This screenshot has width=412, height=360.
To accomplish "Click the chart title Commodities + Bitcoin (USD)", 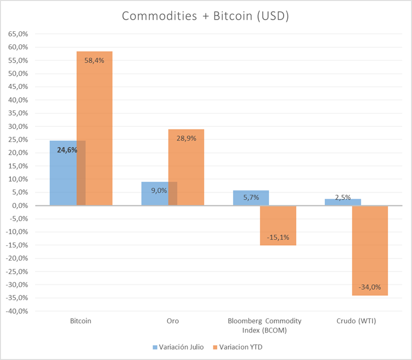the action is (206, 16).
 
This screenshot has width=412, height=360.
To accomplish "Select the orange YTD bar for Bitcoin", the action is (94, 128).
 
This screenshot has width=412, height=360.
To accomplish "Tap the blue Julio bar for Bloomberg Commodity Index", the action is (251, 198).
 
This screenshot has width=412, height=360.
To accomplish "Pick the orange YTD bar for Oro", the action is (186, 167).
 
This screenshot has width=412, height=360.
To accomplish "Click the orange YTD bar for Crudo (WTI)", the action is (370, 251).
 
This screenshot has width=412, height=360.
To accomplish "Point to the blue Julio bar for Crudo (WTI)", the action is (343, 202).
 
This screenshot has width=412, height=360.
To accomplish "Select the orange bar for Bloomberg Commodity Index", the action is (278, 226).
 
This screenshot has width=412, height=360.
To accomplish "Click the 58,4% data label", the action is (94, 60).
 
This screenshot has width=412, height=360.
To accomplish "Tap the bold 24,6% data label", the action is (67, 150).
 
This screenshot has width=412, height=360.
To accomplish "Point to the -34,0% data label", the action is (370, 287).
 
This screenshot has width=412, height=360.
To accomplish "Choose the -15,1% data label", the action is (278, 238).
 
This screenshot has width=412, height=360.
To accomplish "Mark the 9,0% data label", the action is (159, 190).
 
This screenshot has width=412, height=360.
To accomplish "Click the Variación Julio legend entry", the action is (178, 347).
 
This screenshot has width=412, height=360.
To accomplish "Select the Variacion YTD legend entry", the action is (238, 347).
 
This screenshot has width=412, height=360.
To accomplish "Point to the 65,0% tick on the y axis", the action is (18, 34).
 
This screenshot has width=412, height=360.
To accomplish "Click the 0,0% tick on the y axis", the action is (20, 205).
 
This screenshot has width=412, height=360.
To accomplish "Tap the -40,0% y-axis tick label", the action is (17, 311).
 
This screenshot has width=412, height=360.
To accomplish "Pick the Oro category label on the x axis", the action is (173, 321).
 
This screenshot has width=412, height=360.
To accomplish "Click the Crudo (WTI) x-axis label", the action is (356, 321).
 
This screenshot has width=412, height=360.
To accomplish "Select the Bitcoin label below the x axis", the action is (81, 321).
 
